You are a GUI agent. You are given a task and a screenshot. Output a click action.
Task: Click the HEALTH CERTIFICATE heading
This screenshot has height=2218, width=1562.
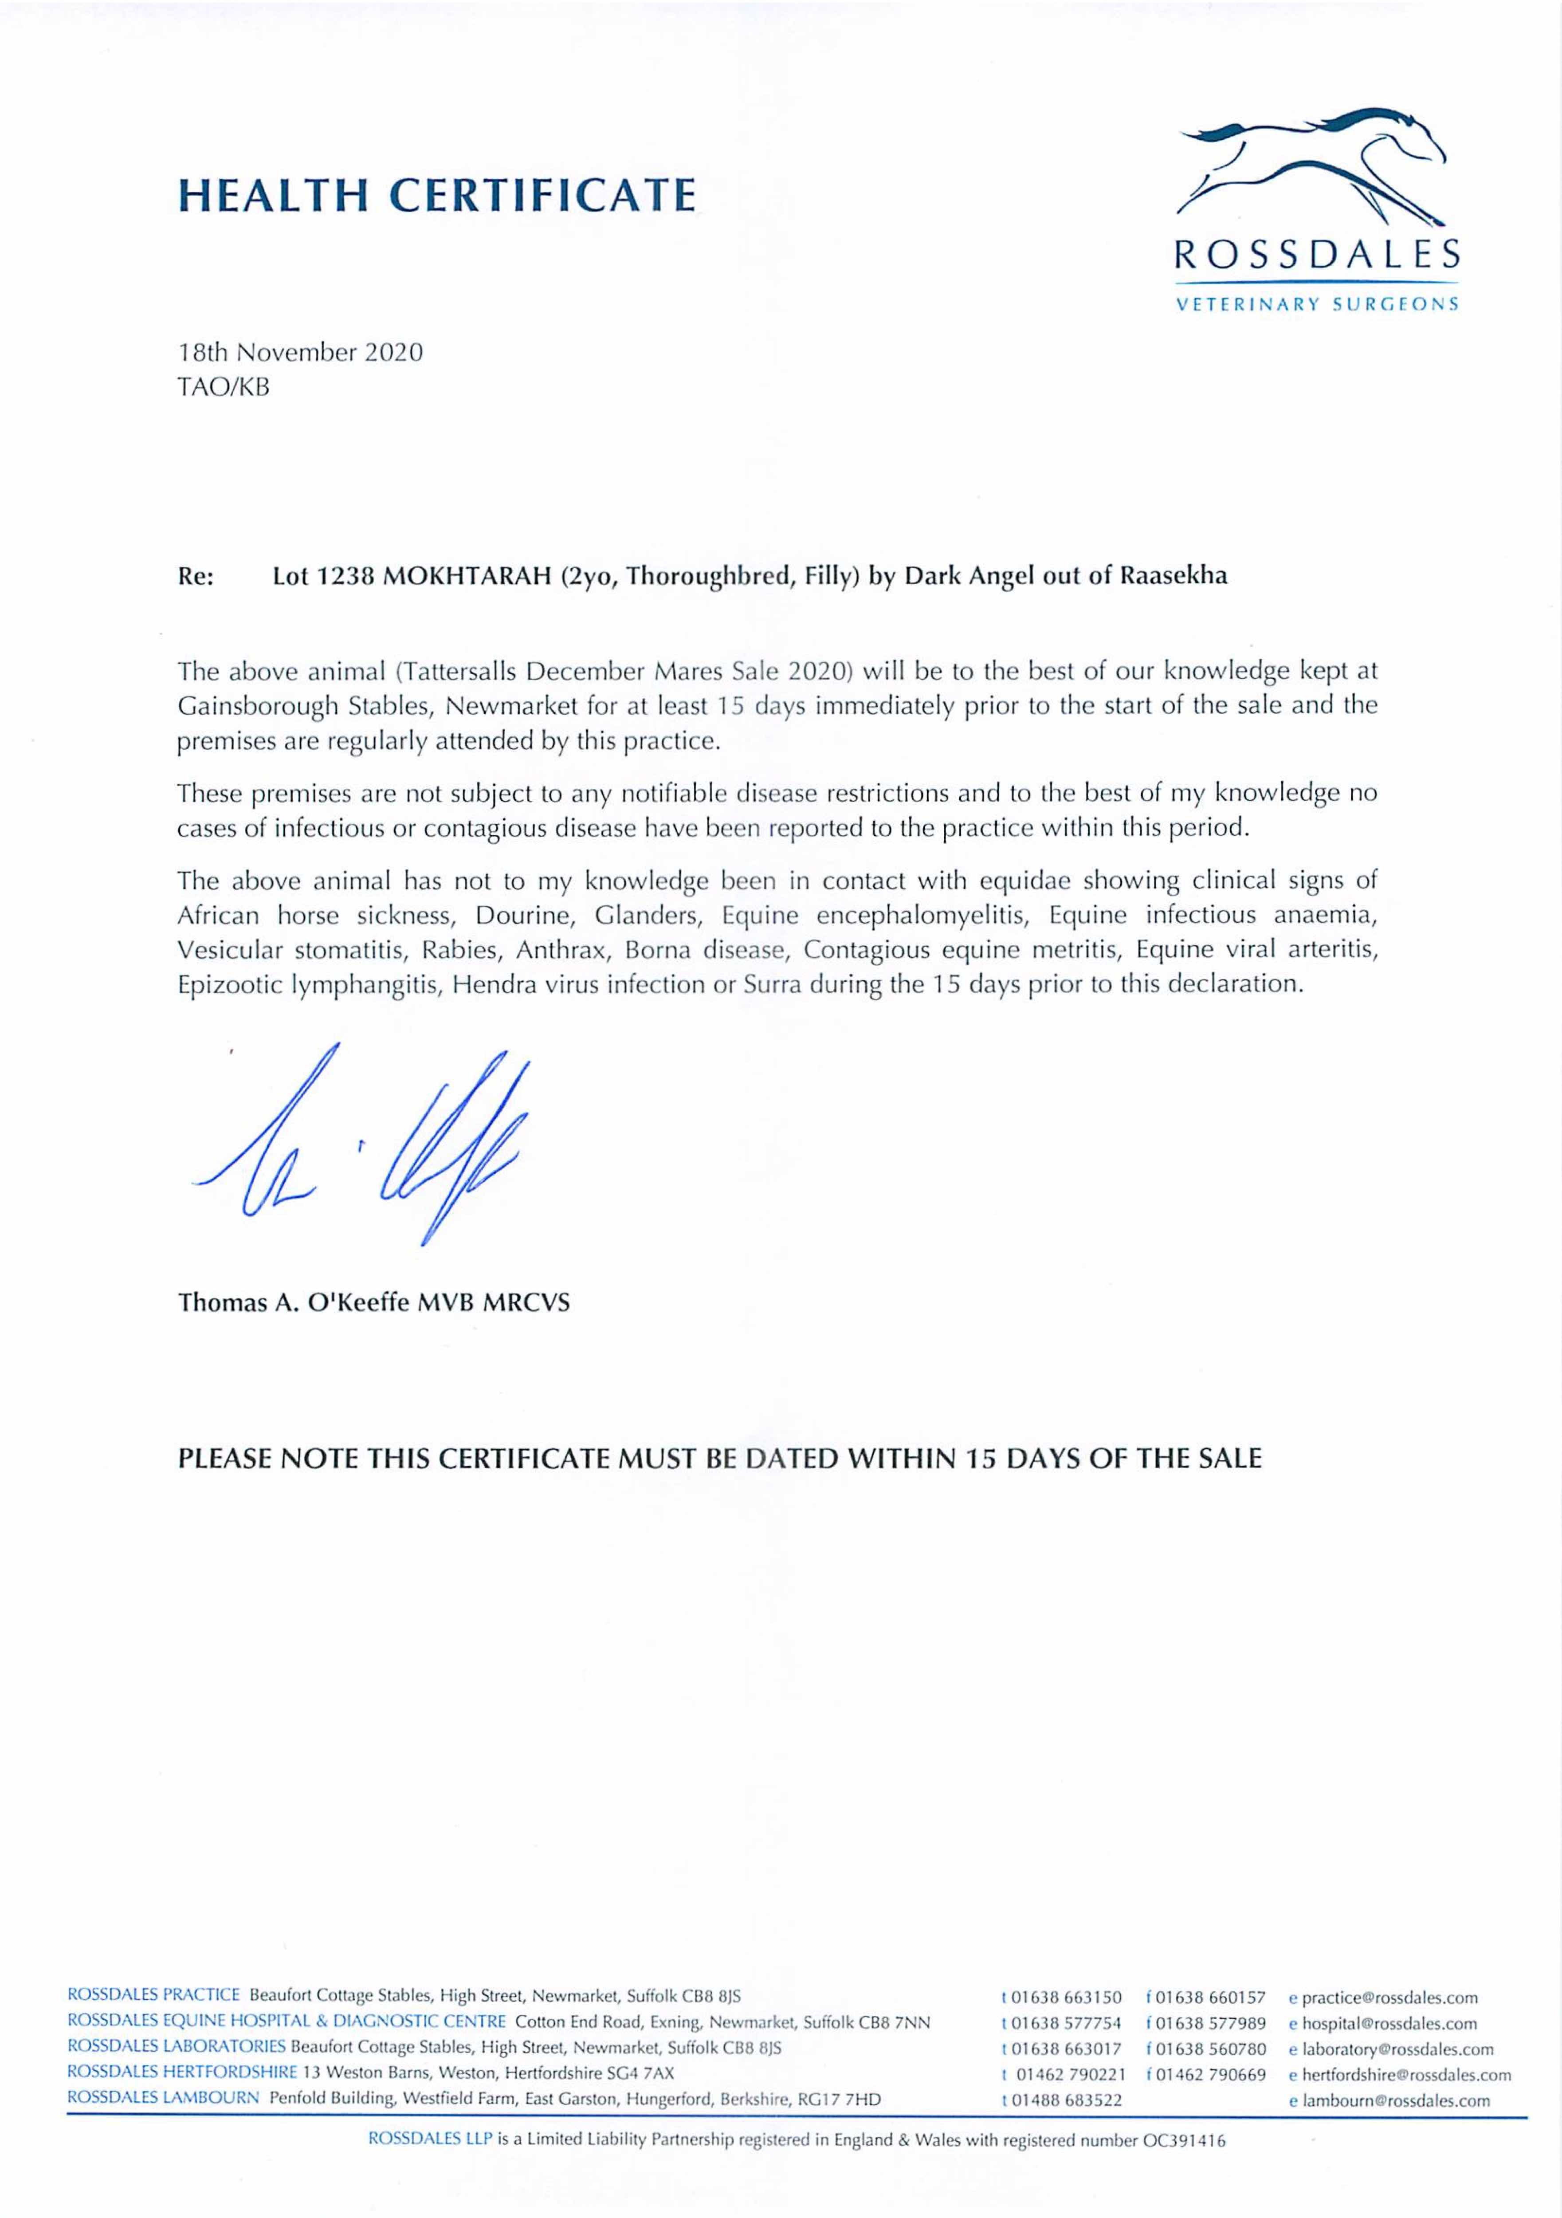point(437,195)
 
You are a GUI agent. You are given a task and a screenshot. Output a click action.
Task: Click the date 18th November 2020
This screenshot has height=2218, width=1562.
point(300,353)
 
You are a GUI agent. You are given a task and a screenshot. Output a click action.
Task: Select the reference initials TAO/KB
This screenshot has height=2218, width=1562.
point(224,387)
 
